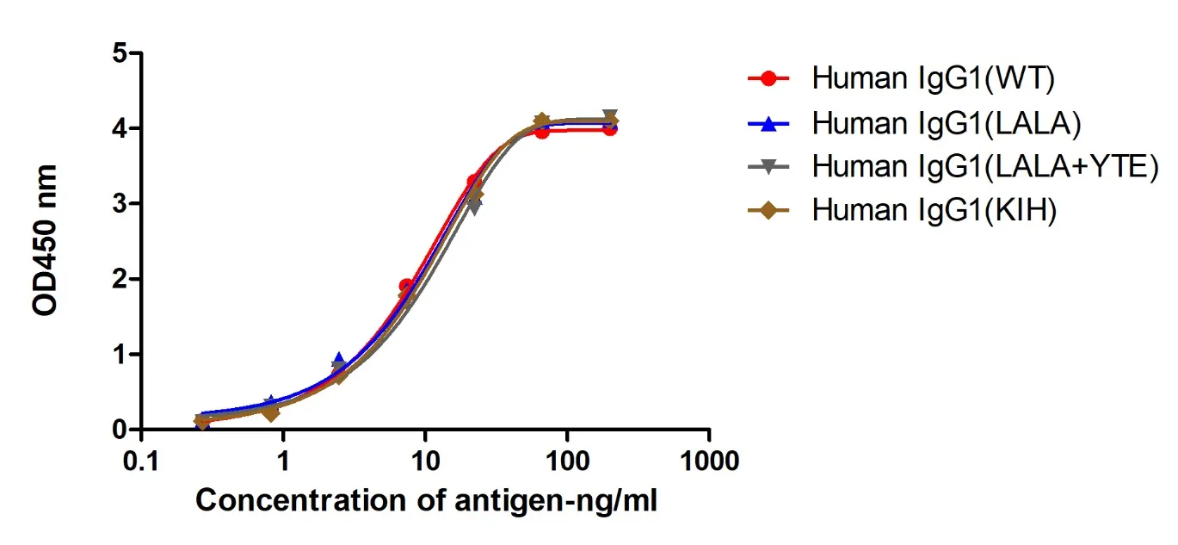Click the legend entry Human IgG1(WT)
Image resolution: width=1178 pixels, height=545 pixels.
[934, 79]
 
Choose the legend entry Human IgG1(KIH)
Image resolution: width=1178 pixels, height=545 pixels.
[934, 211]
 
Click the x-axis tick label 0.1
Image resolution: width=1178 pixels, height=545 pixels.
[140, 461]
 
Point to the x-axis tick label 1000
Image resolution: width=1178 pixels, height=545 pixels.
[708, 461]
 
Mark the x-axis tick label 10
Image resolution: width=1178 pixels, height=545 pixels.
[424, 461]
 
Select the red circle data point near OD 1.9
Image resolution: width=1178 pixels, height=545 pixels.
[406, 286]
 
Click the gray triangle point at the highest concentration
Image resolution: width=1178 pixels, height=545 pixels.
[609, 116]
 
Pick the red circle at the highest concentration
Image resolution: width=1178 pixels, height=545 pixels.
[609, 129]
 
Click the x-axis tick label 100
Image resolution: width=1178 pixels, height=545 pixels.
[566, 461]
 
